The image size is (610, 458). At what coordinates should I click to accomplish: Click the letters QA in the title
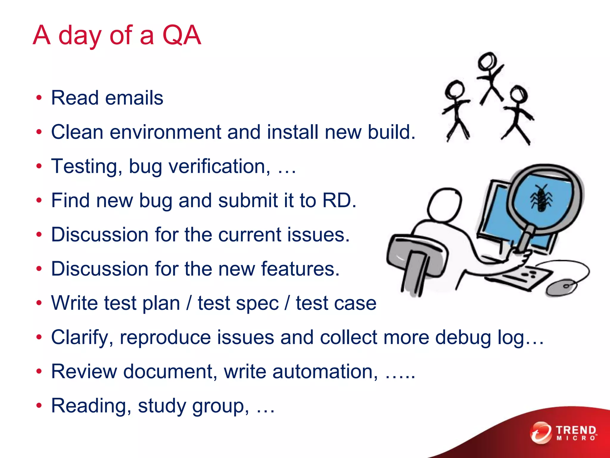[182, 35]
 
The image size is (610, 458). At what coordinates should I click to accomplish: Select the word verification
[220, 166]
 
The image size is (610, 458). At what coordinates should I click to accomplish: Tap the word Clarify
[82, 338]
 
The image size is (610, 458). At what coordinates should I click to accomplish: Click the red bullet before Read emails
[39, 98]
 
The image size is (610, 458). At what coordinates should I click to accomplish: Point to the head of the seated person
[444, 204]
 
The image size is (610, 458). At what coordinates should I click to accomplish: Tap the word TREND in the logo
[576, 430]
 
